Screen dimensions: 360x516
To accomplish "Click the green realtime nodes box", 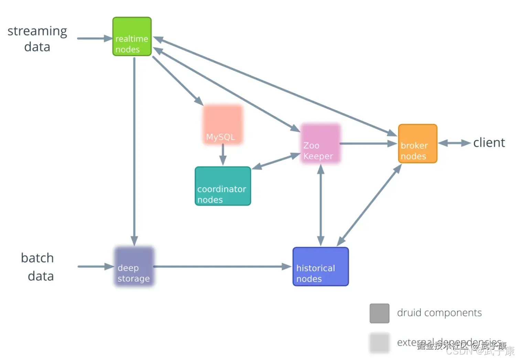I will click(x=132, y=36).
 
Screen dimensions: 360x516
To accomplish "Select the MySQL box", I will click(x=223, y=125).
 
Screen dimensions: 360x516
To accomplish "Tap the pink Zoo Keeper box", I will click(x=320, y=143).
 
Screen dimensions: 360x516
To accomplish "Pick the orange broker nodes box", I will click(x=417, y=143).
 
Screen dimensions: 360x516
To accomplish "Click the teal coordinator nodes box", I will click(x=223, y=186).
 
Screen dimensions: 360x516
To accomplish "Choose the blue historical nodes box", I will click(x=320, y=266).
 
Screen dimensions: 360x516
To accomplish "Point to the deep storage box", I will click(x=134, y=266).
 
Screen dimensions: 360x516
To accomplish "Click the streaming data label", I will click(x=37, y=39).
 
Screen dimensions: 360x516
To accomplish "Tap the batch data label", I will click(x=37, y=267).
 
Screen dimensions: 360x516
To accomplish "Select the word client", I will click(x=489, y=143).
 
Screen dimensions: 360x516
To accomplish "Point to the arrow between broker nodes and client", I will click(x=454, y=143).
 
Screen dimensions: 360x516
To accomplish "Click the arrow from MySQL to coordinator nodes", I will click(x=223, y=155).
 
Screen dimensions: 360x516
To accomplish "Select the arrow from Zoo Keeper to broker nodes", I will click(x=368, y=143).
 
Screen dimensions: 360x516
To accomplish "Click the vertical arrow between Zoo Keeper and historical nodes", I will click(x=321, y=205).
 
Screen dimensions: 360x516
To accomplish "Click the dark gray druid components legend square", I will click(x=379, y=313).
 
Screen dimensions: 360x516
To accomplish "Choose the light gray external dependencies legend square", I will click(x=379, y=343).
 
